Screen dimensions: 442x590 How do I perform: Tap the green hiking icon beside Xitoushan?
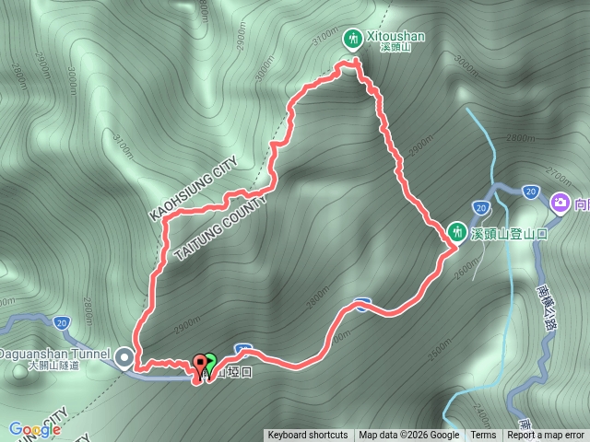[351, 39]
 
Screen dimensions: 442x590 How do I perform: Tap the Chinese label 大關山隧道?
[53, 366]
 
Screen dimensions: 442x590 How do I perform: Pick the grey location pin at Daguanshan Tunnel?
[124, 355]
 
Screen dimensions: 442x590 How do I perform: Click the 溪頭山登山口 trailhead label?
[510, 234]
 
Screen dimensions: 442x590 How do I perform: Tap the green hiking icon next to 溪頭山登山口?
[458, 231]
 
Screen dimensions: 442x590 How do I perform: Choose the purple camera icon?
[559, 203]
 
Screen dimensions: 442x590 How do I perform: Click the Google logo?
[34, 429]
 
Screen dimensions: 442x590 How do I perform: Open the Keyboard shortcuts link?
[308, 436]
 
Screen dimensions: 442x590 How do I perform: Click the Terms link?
[483, 436]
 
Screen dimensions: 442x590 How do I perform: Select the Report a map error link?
[546, 436]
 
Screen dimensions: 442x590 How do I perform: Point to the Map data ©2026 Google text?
[409, 436]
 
